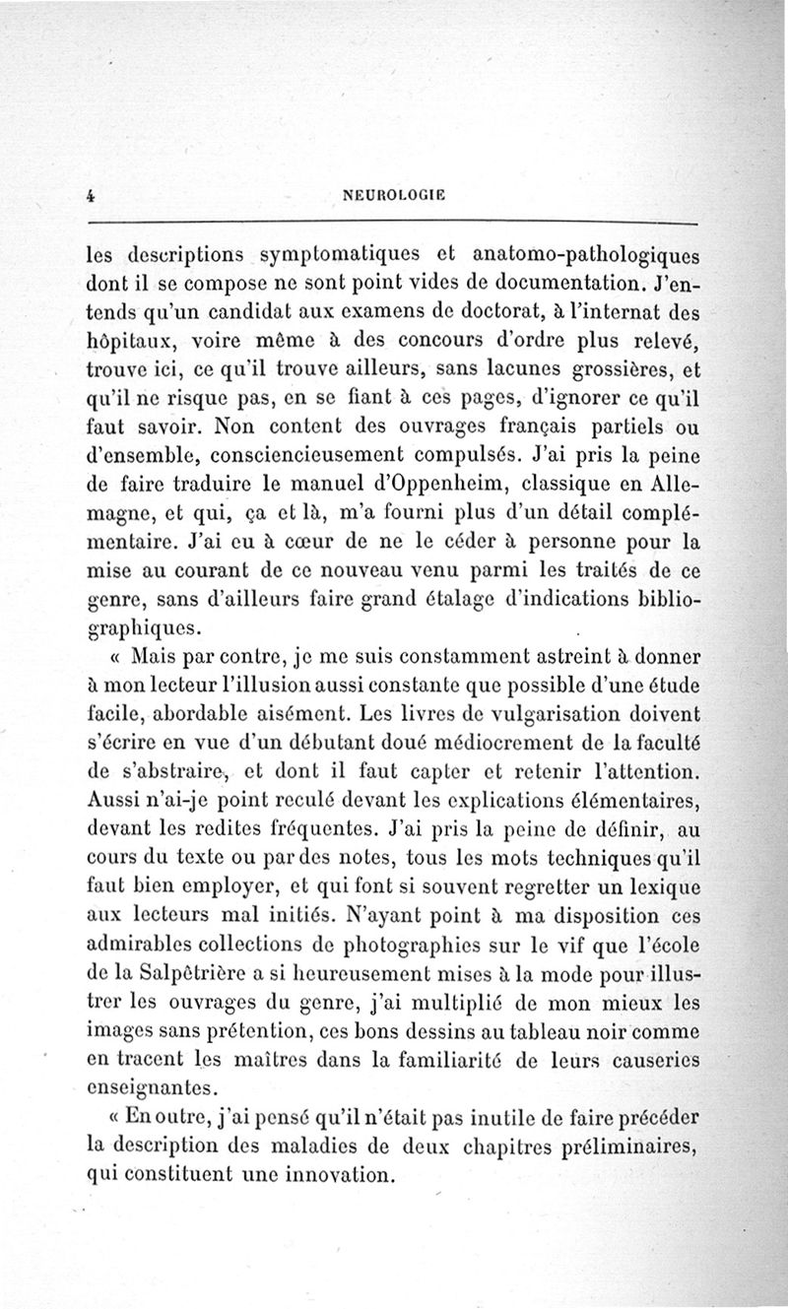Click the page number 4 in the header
tap(90, 195)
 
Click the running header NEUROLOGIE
tap(393, 195)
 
